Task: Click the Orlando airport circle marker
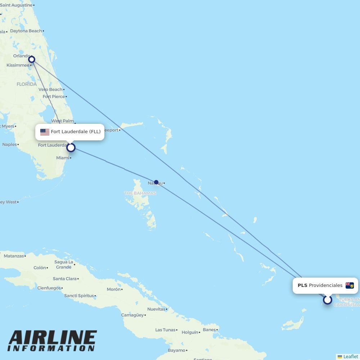32,59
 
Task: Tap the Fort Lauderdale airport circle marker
71,147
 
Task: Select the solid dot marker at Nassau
156,182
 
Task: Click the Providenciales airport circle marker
327,300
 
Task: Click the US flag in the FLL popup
45,132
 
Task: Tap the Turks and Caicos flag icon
350,285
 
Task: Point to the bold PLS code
302,285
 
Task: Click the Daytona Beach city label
26,31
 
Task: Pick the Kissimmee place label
18,65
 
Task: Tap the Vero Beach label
50,89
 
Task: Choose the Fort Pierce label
54,96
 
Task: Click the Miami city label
62,158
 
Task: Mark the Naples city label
9,144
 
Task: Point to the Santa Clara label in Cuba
64,279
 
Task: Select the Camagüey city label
132,315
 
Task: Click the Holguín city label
190,332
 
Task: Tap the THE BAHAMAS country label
140,193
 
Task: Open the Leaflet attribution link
350,356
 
